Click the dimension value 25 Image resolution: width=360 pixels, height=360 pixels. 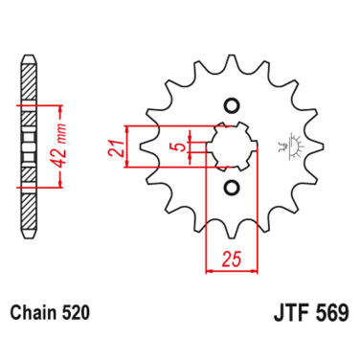tap(229, 259)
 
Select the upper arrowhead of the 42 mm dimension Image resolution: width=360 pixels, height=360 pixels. tap(61, 101)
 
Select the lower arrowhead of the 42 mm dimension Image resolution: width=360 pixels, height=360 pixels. tap(61, 189)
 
